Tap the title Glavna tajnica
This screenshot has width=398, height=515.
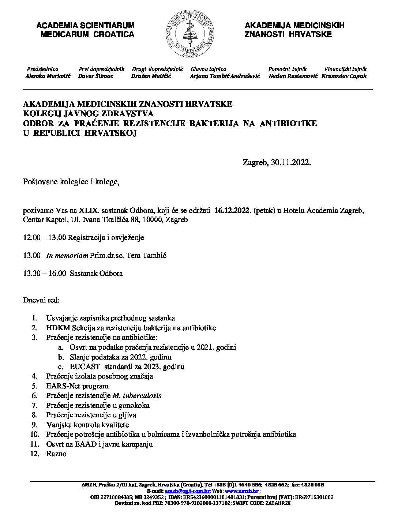coord(209,69)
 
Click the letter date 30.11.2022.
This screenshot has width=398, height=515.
coord(291,162)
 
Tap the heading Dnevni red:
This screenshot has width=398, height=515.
coord(41,300)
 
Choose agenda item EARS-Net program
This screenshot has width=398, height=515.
coord(77,386)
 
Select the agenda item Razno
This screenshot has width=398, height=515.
coord(56,454)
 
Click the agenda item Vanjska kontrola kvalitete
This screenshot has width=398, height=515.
coord(87,425)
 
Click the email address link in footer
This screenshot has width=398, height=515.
coord(187,491)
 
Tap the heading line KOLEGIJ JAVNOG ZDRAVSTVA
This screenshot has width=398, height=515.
coord(88,114)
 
